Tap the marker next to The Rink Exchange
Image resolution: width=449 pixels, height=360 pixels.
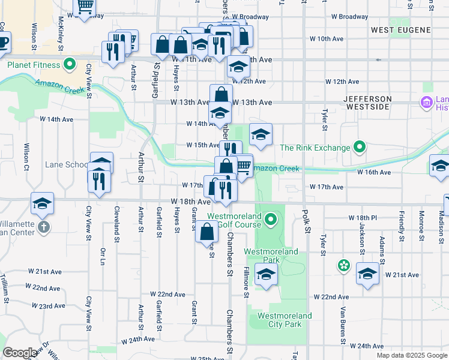tap(360, 147)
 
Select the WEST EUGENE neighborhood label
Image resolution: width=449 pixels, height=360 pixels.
tap(400, 29)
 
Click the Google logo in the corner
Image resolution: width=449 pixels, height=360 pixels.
tap(20, 352)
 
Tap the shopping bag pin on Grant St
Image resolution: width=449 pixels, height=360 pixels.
tap(206, 231)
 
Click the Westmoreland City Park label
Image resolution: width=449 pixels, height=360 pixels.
tap(285, 320)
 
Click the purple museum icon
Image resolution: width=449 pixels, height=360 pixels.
tap(427, 103)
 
